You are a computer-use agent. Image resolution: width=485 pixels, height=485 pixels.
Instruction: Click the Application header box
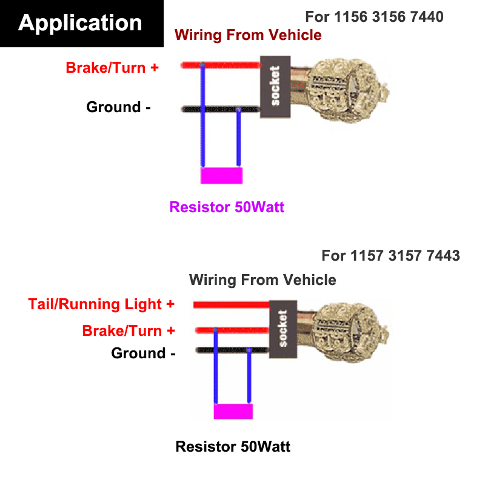[81, 24]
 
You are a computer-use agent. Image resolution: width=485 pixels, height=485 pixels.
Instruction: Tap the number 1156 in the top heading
[349, 16]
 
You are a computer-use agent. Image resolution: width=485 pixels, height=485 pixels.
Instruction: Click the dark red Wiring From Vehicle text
[248, 35]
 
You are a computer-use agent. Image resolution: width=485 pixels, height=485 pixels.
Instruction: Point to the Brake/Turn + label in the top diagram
[112, 67]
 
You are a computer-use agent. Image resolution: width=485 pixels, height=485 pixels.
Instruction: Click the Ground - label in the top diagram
[118, 107]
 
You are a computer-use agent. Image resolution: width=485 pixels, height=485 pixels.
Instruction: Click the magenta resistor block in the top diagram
[222, 175]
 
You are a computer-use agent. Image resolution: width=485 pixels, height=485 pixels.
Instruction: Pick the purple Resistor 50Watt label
[227, 207]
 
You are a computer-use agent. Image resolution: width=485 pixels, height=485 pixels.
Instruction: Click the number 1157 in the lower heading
[367, 255]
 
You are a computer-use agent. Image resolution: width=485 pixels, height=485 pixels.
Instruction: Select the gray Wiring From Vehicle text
[263, 279]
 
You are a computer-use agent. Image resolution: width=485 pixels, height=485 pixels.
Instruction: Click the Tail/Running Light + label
[101, 304]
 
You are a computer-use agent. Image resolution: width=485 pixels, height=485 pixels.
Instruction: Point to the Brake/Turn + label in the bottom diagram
[129, 331]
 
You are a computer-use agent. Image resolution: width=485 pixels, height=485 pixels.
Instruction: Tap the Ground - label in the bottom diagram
[143, 353]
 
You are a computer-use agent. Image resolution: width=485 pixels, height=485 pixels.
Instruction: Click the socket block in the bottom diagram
[282, 328]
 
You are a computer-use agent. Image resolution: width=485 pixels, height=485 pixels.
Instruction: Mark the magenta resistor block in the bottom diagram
[233, 411]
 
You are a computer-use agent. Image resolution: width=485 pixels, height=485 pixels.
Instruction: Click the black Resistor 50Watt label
[233, 447]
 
